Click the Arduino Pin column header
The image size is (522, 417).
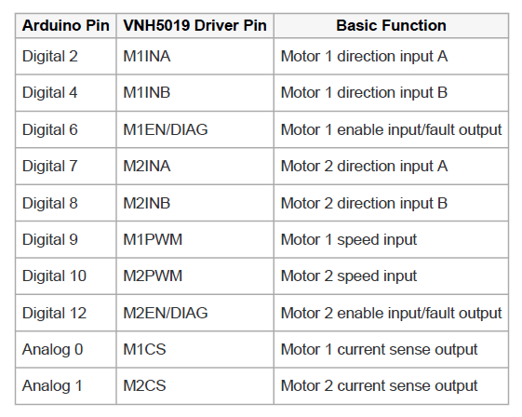(65, 26)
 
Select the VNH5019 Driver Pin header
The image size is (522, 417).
(194, 26)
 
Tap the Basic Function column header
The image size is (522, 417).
(391, 26)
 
